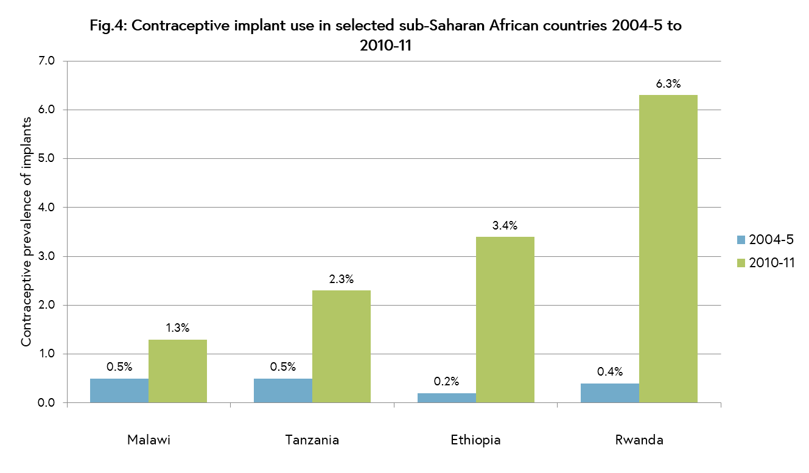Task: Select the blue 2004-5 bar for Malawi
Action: (x=119, y=390)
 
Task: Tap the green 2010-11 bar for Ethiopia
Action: (x=505, y=320)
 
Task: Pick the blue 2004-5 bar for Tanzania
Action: (x=282, y=390)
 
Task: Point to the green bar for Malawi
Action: (x=178, y=371)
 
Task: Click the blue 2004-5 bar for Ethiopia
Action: (x=446, y=398)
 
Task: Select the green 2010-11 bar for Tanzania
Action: (x=341, y=346)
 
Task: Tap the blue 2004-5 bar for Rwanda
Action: (x=609, y=393)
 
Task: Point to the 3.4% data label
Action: (x=505, y=226)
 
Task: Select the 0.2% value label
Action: (x=446, y=382)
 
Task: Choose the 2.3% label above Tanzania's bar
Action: (x=341, y=280)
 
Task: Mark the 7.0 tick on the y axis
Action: (x=47, y=61)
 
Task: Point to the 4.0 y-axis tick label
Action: (x=47, y=208)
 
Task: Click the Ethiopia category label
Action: (x=475, y=440)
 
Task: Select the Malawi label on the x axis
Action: (x=149, y=440)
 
